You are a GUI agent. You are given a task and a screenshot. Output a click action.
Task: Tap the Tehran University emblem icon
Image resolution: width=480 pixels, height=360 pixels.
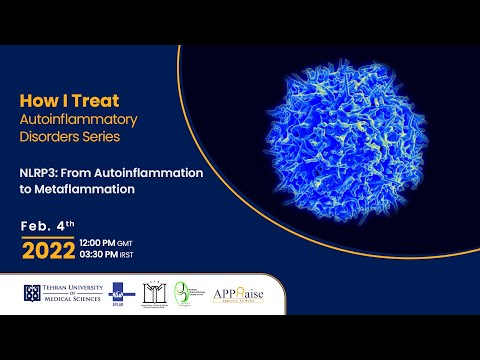click(x=32, y=293)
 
